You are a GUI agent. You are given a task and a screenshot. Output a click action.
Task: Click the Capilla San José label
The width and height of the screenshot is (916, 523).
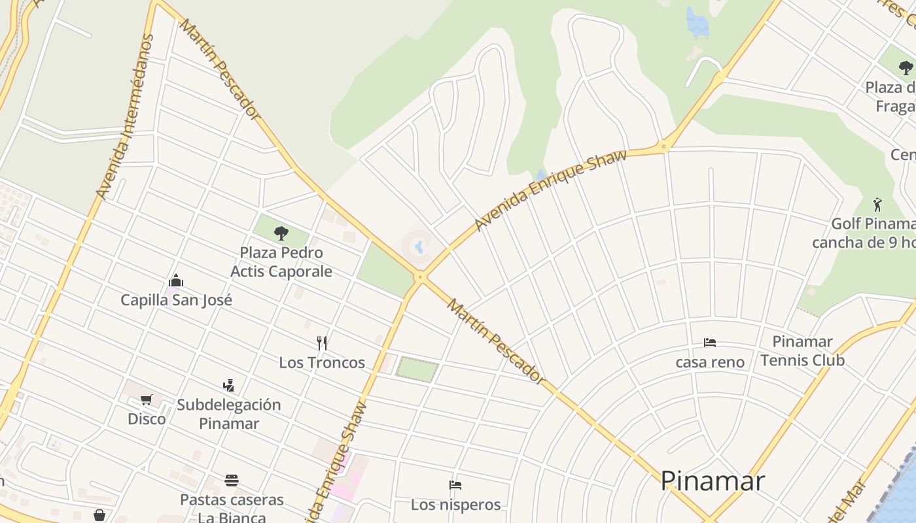(x=176, y=300)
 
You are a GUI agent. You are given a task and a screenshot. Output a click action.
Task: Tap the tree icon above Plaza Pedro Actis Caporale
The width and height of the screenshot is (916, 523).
(x=281, y=233)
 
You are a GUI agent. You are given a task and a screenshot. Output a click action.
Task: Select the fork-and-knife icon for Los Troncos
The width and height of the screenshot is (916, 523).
(x=322, y=343)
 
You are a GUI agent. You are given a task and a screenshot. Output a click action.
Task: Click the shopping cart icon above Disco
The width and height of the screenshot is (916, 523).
(x=147, y=399)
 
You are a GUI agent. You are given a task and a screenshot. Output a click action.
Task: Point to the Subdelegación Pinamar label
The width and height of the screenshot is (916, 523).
(x=229, y=414)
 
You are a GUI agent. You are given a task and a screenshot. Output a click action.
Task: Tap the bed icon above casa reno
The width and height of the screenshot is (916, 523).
(x=710, y=342)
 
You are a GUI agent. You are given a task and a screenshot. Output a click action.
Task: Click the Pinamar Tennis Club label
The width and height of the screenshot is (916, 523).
(x=802, y=350)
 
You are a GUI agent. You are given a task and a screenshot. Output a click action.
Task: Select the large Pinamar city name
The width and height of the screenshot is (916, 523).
(x=712, y=481)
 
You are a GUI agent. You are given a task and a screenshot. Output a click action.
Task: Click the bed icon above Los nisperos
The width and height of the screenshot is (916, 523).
(x=455, y=484)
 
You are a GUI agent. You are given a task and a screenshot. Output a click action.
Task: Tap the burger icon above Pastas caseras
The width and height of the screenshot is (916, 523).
(x=231, y=481)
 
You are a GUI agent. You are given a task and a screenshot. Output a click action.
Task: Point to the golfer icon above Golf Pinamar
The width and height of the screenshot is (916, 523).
(x=877, y=204)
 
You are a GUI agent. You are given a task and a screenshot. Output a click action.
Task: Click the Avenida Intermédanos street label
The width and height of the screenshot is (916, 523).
(x=124, y=116)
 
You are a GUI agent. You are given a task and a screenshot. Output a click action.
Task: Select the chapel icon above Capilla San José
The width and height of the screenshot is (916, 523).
(x=176, y=281)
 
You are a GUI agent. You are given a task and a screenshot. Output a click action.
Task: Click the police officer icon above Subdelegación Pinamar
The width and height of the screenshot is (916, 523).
(x=228, y=385)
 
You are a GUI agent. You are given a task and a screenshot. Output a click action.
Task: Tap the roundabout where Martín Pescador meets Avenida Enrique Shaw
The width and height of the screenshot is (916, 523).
(x=420, y=277)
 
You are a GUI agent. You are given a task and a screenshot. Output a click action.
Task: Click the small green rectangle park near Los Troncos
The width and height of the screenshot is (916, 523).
(x=417, y=369)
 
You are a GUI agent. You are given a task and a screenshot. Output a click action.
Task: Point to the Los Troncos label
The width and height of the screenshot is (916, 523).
(x=322, y=362)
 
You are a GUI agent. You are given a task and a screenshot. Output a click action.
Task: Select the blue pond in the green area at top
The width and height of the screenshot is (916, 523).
(x=697, y=23)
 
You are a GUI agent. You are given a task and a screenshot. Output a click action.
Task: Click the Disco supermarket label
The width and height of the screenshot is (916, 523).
(x=147, y=419)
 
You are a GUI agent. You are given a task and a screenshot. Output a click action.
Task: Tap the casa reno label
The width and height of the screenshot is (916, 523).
(x=710, y=362)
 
